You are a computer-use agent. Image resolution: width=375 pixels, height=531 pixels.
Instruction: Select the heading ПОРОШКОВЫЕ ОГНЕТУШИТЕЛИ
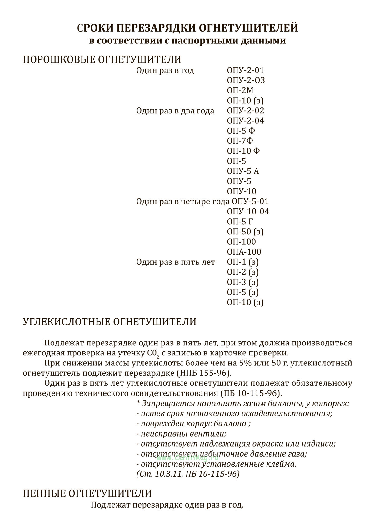click(x=102, y=59)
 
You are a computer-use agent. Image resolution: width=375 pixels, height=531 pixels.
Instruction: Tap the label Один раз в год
click(x=165, y=70)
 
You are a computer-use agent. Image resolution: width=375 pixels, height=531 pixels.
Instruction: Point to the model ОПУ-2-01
click(x=245, y=70)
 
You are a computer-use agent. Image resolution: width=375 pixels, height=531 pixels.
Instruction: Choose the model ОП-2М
click(x=240, y=90)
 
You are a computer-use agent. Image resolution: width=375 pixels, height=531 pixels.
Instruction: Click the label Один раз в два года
click(x=175, y=111)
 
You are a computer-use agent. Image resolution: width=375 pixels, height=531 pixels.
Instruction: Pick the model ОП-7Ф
click(x=240, y=141)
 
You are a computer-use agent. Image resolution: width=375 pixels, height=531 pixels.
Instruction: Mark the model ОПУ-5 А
click(x=243, y=171)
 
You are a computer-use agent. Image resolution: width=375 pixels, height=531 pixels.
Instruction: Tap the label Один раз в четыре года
click(x=183, y=202)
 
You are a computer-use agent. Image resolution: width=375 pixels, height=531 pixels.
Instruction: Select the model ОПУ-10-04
click(x=248, y=212)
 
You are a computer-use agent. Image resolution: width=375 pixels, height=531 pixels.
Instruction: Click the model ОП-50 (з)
click(x=245, y=232)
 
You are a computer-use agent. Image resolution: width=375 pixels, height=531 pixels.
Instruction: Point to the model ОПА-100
click(x=244, y=252)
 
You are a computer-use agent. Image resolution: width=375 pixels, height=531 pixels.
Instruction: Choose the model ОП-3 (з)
click(x=243, y=282)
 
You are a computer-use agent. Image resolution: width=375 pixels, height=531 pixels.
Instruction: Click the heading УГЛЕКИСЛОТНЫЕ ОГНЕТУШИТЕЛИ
click(x=109, y=322)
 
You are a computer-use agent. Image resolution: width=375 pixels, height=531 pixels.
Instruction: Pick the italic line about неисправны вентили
click(x=181, y=434)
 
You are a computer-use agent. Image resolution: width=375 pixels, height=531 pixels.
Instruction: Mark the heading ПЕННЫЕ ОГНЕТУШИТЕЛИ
click(x=87, y=493)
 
